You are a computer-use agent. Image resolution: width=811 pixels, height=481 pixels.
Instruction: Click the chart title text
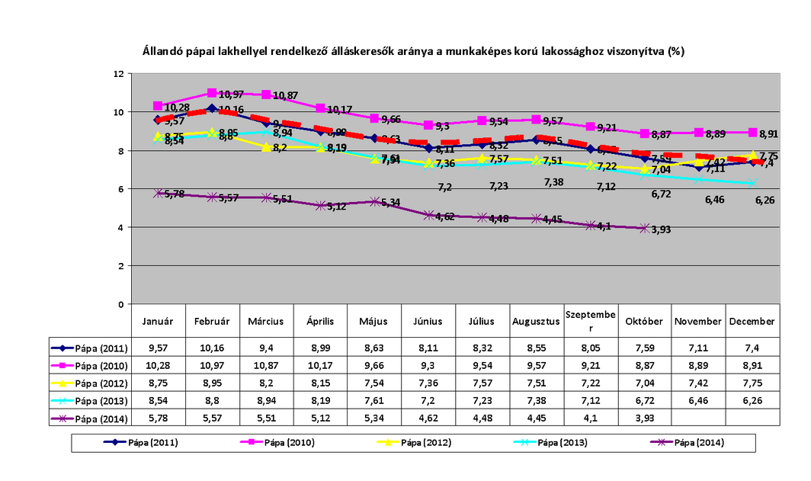pos(414,52)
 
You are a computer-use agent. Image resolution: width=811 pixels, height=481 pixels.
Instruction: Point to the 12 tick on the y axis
pos(118,74)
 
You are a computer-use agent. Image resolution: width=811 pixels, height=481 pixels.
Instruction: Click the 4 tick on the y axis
pos(120,227)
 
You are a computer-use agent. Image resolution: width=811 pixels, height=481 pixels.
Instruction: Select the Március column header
pos(266,322)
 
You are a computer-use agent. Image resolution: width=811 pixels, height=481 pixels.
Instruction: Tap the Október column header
pos(644,322)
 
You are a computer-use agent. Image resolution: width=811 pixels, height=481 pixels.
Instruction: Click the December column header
pos(752,322)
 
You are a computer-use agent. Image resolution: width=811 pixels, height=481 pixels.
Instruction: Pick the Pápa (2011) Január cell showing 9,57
pos(158,348)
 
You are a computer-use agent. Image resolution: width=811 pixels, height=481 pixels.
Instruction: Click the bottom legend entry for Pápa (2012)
pos(423,442)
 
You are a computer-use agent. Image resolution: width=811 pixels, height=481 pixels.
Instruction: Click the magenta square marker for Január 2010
pos(159,106)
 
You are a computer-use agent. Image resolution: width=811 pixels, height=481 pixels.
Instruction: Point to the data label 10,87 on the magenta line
pos(285,96)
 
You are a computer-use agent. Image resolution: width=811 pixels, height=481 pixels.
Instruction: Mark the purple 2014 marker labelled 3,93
pos(645,228)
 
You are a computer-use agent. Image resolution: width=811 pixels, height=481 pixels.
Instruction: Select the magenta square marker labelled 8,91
pos(753,133)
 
